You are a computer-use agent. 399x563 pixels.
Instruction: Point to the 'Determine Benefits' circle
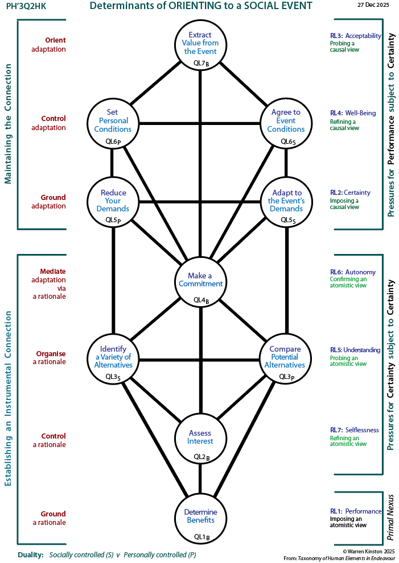tap(200, 519)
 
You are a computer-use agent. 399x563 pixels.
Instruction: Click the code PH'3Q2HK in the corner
tap(26, 6)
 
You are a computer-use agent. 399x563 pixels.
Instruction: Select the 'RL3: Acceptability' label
tap(355, 36)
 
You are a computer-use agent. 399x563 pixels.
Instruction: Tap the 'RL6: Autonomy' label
tap(353, 272)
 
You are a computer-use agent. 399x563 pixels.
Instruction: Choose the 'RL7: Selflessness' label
tap(354, 430)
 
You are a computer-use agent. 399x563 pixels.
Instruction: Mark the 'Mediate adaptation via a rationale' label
tap(49, 283)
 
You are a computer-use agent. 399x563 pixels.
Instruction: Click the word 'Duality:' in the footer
tap(30, 554)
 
